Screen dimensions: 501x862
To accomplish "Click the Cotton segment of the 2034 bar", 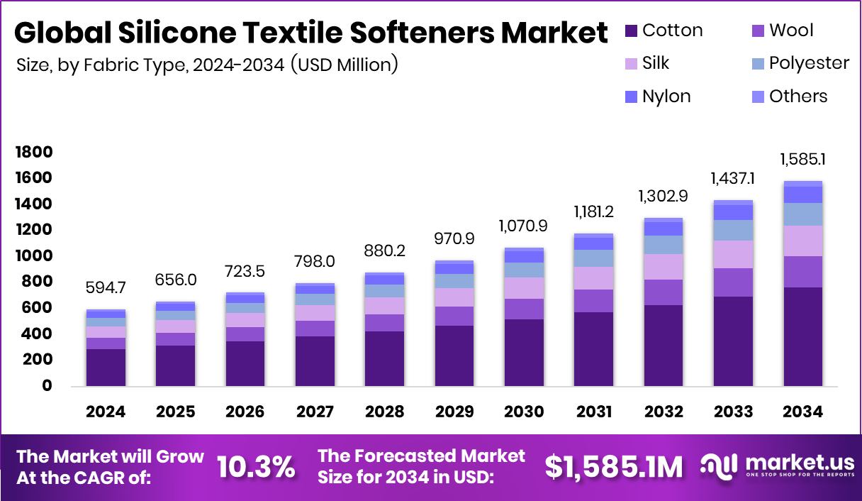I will pyautogui.click(x=802, y=336).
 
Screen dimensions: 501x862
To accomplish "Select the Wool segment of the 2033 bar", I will pyautogui.click(x=733, y=282).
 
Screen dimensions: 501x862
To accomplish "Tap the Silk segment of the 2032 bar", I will pyautogui.click(x=664, y=267).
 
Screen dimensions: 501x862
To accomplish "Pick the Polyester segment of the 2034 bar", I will pyautogui.click(x=802, y=214).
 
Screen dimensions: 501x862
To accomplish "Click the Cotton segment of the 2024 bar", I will pyautogui.click(x=106, y=367).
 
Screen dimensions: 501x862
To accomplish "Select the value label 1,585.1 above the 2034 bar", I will pyautogui.click(x=802, y=159).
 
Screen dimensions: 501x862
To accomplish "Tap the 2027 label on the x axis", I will pyautogui.click(x=315, y=412).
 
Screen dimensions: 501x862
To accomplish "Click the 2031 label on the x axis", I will pyautogui.click(x=593, y=412).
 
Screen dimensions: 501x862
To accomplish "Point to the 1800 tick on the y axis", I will pyautogui.click(x=33, y=153).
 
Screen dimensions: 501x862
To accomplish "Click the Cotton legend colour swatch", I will pyautogui.click(x=631, y=31).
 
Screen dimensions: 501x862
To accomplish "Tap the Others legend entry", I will pyautogui.click(x=798, y=96).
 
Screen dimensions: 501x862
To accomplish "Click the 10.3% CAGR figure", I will pyautogui.click(x=256, y=467).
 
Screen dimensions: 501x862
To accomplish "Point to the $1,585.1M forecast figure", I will pyautogui.click(x=614, y=467).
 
